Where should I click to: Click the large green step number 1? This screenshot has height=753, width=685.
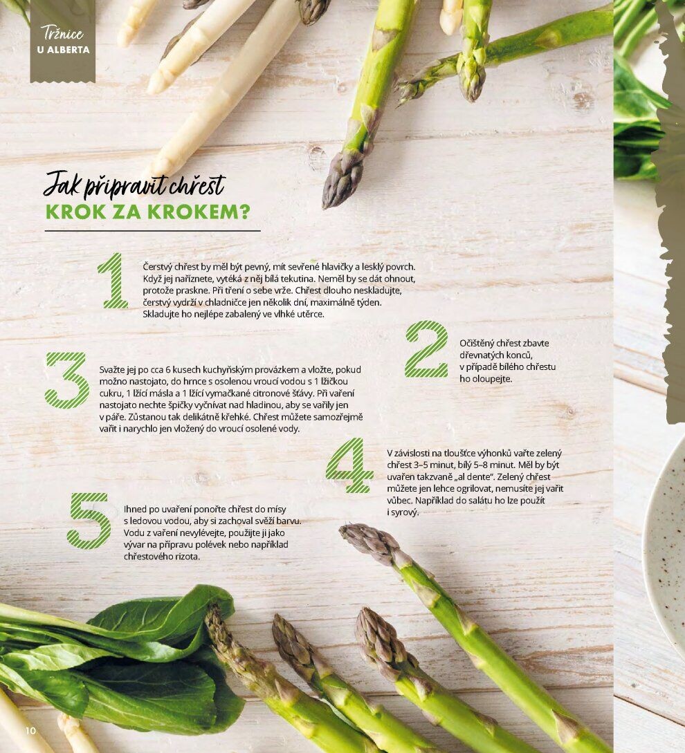114,281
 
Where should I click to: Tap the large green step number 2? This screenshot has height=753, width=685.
427,349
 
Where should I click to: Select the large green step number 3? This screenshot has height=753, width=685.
67,380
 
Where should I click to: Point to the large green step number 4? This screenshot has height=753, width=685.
349,465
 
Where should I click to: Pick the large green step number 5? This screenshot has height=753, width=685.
89,521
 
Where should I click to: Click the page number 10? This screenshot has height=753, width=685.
30,730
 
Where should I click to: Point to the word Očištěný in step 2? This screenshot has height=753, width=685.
476,344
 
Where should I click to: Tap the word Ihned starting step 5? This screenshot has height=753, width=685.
135,509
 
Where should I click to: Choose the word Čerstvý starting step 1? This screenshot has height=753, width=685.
157,266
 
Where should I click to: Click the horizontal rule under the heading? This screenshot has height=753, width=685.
152,231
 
